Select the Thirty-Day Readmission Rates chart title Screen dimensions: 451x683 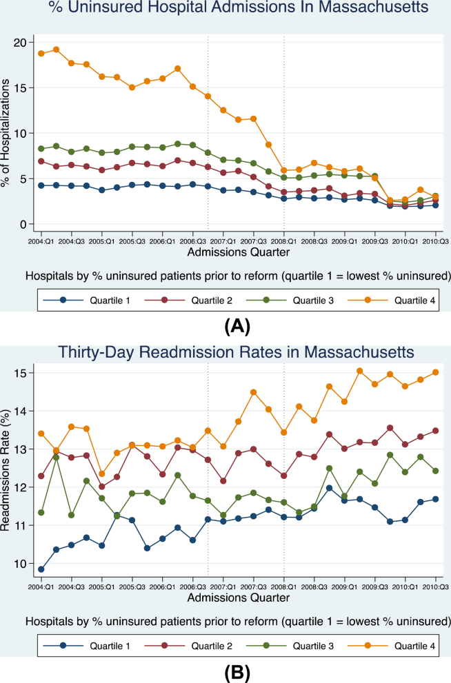click(236, 351)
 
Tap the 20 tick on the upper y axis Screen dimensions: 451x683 click(20, 42)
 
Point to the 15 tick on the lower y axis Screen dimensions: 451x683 click(20, 373)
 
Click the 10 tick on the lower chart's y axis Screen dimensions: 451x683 click(20, 564)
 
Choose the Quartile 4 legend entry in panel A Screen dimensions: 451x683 click(392, 300)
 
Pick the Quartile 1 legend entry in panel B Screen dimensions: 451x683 click(87, 646)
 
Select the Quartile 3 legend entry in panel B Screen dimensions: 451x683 click(290, 646)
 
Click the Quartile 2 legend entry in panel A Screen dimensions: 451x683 click(188, 300)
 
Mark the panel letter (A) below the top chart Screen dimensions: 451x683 click(237, 326)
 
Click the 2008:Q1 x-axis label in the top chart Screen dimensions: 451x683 click(284, 241)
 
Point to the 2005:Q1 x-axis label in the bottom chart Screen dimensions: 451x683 click(102, 587)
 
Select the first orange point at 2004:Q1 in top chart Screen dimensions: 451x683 click(41, 54)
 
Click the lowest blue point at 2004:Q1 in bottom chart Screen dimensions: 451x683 click(41, 569)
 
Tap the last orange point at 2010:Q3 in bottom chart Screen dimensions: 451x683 click(435, 372)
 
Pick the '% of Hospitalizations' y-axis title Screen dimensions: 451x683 click(6, 133)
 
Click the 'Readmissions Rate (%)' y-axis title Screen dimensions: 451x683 click(6, 471)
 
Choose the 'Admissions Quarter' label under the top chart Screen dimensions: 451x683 click(239, 252)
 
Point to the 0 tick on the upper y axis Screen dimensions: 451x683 click(23, 224)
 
